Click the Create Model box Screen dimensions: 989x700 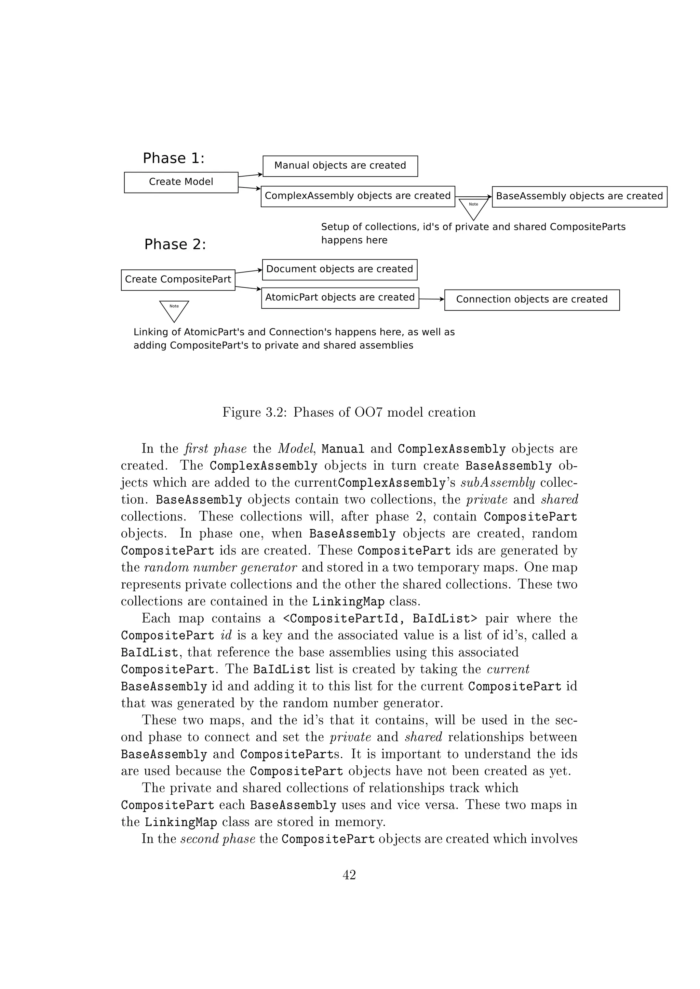coord(181,182)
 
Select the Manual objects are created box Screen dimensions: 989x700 coord(340,166)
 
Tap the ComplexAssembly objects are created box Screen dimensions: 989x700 coord(358,196)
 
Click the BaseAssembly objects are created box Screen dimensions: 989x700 coord(579,196)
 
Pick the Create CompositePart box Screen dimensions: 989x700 coord(178,280)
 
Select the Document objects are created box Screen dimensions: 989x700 coord(340,270)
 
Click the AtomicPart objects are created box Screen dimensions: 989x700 coord(340,298)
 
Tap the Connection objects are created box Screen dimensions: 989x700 coord(532,300)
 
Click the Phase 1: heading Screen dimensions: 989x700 coord(174,158)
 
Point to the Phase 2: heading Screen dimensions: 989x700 coord(175,245)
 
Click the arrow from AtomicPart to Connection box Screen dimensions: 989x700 coord(431,298)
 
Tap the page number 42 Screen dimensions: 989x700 coord(349,875)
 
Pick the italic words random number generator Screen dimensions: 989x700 coord(220,567)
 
